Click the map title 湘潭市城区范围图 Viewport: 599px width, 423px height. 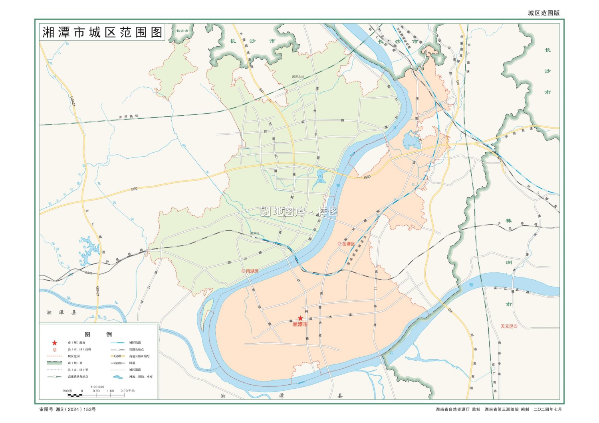(102, 32)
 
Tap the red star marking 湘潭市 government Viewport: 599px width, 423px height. (300, 318)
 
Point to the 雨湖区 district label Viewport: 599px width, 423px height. (252, 271)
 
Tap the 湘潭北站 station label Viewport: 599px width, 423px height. (298, 77)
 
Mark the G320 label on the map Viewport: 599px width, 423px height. (89, 273)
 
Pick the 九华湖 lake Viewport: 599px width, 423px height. (320, 178)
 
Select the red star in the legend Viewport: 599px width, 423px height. (55, 343)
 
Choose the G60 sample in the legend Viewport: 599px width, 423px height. (117, 356)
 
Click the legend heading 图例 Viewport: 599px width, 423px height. (98, 334)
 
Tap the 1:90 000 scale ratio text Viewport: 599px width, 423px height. (97, 387)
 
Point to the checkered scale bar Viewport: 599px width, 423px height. (75, 395)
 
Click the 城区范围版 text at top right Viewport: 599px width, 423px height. (543, 13)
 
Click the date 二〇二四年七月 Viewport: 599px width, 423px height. (547, 409)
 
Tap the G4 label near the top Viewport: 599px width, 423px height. (458, 82)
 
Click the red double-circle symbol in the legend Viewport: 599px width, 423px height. (55, 350)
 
